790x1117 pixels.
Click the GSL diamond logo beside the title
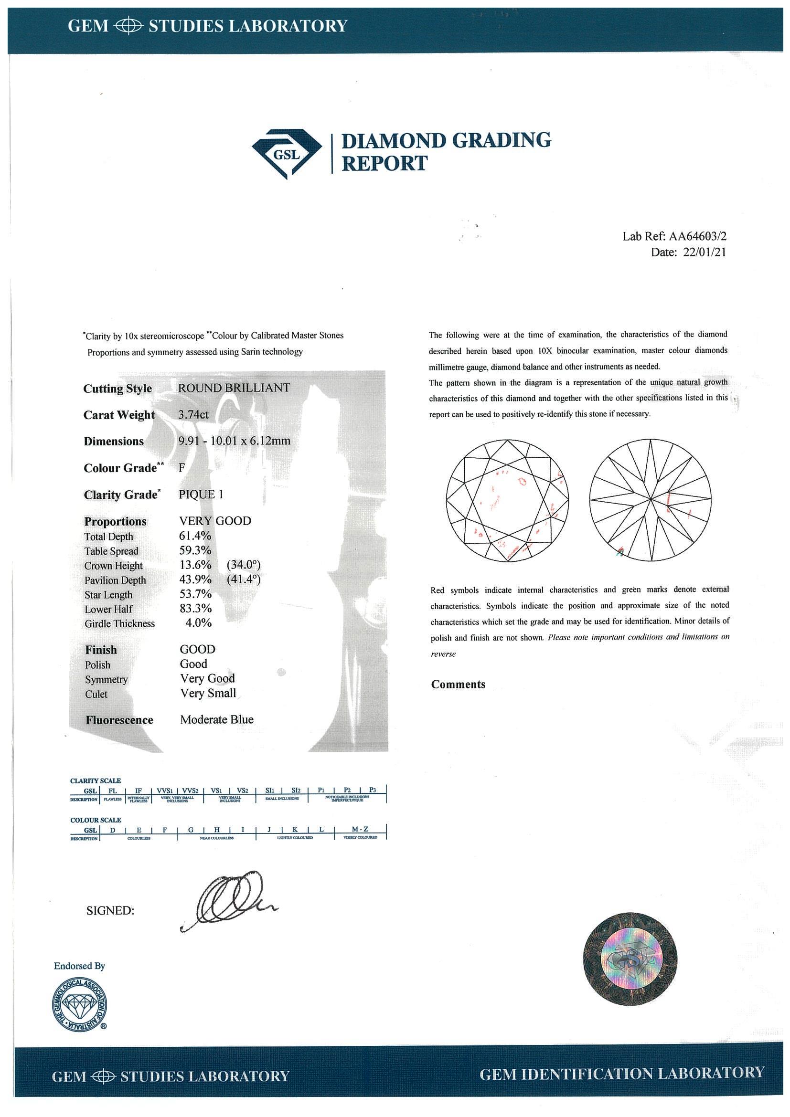coord(287,153)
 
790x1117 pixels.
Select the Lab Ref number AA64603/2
coord(698,237)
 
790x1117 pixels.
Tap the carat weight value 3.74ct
coord(194,414)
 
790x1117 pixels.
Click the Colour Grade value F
coord(182,467)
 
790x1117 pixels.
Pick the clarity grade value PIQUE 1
coord(201,494)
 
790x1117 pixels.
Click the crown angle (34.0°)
coord(244,565)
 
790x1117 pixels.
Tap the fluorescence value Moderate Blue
coord(216,719)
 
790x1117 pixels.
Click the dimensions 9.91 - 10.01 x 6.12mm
coord(234,441)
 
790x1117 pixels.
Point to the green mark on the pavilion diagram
coord(620,551)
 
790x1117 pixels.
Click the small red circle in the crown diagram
coord(522,482)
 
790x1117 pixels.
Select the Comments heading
coord(458,685)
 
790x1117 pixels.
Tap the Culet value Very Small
coord(208,693)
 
